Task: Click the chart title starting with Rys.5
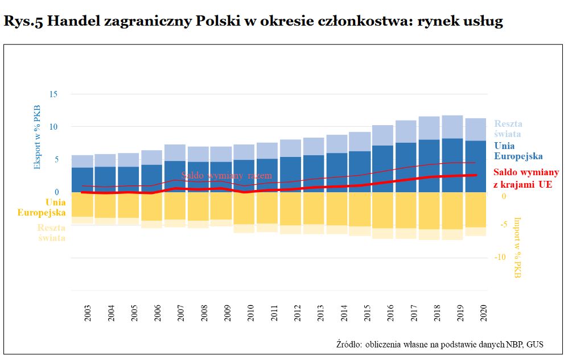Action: pos(253,22)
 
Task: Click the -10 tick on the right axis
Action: pos(501,258)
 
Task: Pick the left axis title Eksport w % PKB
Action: pos(38,136)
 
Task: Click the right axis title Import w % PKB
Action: pos(517,247)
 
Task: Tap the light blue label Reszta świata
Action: pos(508,129)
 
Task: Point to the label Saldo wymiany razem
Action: pos(227,176)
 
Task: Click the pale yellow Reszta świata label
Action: pos(51,233)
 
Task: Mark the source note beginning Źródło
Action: pos(440,344)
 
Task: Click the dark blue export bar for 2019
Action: pos(452,165)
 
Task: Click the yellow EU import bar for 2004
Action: pos(105,205)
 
